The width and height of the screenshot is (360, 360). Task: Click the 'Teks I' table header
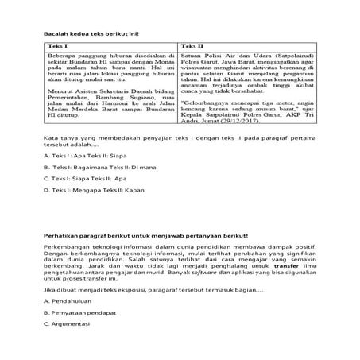pyautogui.click(x=55, y=47)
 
